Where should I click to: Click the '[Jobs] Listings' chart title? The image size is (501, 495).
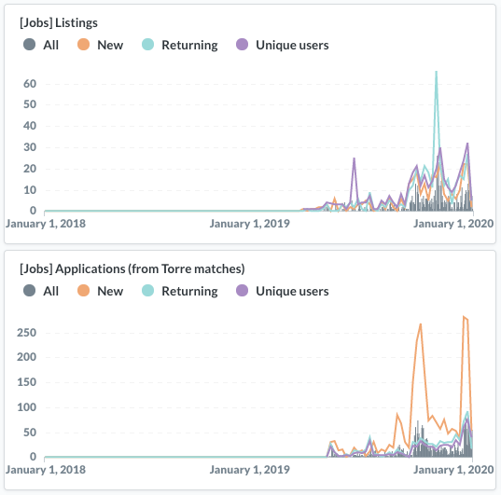pyautogui.click(x=59, y=23)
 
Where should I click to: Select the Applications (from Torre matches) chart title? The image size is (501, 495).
pyautogui.click(x=132, y=268)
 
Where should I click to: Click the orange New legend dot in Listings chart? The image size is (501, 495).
pyautogui.click(x=83, y=45)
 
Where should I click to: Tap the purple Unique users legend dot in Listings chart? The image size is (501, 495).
pyautogui.click(x=242, y=45)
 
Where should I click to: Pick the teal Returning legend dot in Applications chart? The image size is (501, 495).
pyautogui.click(x=147, y=291)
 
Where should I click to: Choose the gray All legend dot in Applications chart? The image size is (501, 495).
pyautogui.click(x=30, y=291)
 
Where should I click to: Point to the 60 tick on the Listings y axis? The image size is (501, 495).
pyautogui.click(x=30, y=84)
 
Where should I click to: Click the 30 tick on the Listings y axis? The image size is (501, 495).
pyautogui.click(x=30, y=147)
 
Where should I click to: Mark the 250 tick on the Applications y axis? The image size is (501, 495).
pyautogui.click(x=26, y=333)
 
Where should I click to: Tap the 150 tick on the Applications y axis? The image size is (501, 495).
pyautogui.click(x=26, y=382)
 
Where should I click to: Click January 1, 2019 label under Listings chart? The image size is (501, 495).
pyautogui.click(x=249, y=224)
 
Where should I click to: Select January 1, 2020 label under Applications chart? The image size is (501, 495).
pyautogui.click(x=453, y=470)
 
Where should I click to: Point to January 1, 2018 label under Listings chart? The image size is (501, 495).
pyautogui.click(x=46, y=224)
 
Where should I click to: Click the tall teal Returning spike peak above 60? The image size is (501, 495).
pyautogui.click(x=436, y=72)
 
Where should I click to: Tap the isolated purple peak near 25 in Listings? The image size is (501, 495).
pyautogui.click(x=354, y=158)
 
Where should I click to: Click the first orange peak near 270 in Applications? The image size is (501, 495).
pyautogui.click(x=421, y=324)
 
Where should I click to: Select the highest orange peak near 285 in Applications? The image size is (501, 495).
pyautogui.click(x=464, y=316)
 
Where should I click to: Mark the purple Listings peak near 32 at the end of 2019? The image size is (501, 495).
pyautogui.click(x=467, y=144)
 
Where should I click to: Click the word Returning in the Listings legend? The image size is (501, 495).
pyautogui.click(x=189, y=45)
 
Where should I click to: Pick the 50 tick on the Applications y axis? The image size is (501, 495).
pyautogui.click(x=30, y=433)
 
